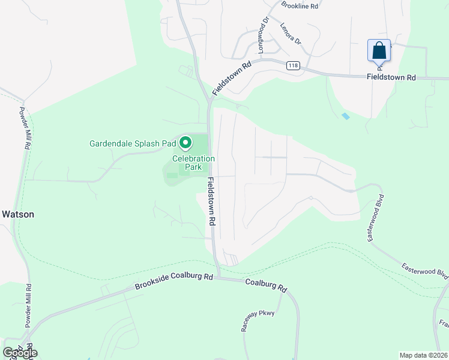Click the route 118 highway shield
[292, 65]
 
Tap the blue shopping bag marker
[379, 50]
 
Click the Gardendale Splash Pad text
[133, 143]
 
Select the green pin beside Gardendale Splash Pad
[185, 143]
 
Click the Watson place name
[17, 214]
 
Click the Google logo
[19, 353]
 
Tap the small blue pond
[345, 116]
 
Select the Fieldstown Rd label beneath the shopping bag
[391, 77]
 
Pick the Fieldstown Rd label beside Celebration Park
[212, 201]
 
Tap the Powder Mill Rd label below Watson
[28, 305]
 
